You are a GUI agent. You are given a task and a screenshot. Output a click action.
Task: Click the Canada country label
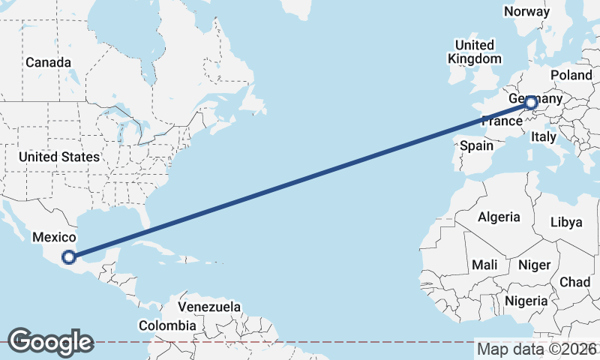[x=49, y=62]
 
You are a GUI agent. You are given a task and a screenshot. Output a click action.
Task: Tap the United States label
[x=59, y=157]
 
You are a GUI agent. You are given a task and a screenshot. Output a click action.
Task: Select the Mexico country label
[x=54, y=237]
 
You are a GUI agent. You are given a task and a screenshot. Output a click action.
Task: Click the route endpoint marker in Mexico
[x=69, y=257]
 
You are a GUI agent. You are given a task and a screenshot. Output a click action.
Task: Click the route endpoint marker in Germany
[x=531, y=103]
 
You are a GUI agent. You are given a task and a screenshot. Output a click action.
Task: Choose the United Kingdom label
[x=474, y=52]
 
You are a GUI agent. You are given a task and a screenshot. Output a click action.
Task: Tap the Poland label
[x=571, y=75]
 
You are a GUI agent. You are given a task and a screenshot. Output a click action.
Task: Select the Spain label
[x=476, y=145]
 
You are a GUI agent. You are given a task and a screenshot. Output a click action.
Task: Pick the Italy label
[x=543, y=137]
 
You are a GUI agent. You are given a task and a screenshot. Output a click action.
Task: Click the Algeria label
[x=499, y=217]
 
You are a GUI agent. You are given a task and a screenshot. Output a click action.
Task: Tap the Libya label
[x=566, y=222]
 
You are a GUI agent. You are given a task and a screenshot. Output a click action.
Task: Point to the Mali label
[x=484, y=265]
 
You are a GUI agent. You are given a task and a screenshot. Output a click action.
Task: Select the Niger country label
[x=535, y=265]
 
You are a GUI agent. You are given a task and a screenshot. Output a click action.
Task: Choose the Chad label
[x=574, y=282]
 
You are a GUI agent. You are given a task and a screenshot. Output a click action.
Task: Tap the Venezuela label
[x=209, y=307]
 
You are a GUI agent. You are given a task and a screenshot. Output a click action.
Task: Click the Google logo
[x=50, y=342]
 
